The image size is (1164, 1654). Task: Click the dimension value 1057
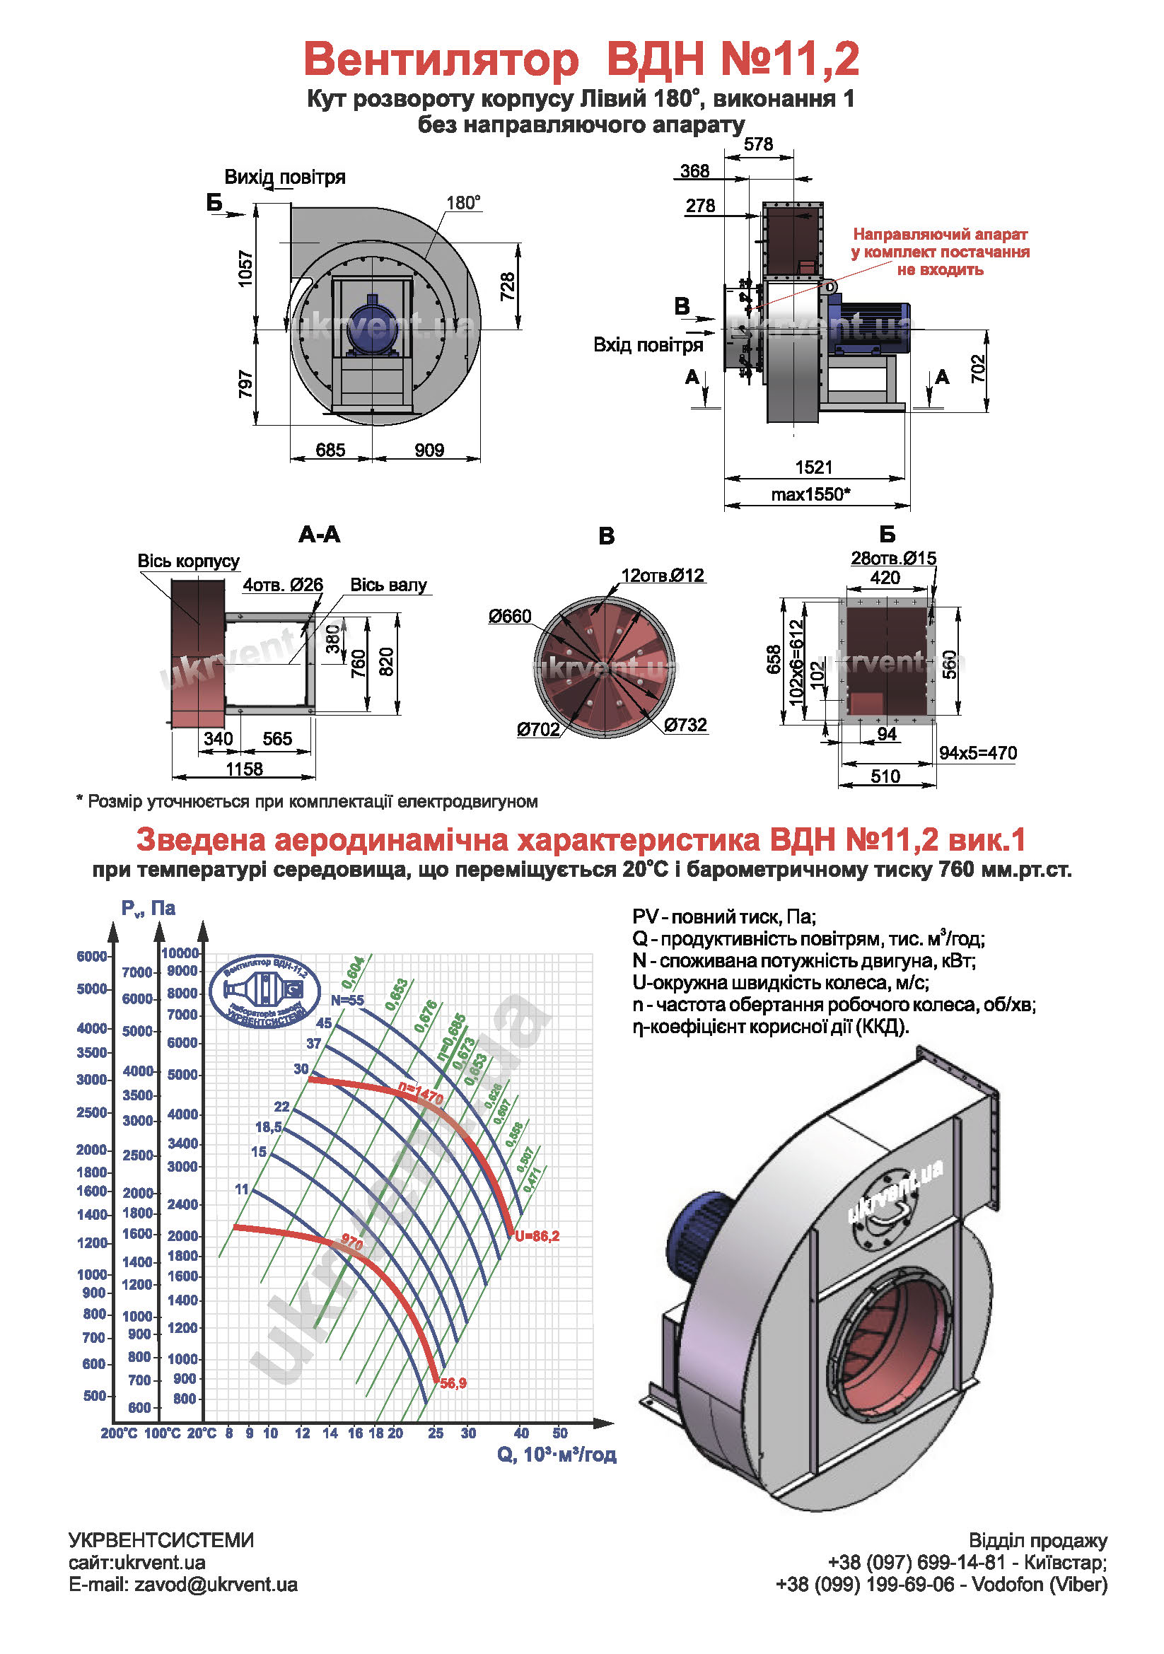[x=245, y=269]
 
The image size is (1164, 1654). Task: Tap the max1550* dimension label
[x=810, y=494]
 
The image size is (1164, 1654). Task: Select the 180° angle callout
[x=463, y=203]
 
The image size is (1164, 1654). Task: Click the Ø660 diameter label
[x=509, y=616]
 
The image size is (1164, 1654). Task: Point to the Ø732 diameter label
[x=685, y=725]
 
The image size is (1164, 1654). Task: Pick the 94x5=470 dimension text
[x=977, y=753]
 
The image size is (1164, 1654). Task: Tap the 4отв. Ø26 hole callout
[x=282, y=584]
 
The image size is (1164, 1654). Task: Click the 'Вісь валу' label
[x=388, y=584]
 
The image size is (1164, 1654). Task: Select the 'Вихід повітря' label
[x=284, y=177]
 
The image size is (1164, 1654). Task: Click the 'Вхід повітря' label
[x=648, y=344]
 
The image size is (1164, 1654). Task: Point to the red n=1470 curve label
[x=421, y=1093]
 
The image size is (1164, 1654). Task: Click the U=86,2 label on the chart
[x=537, y=1236]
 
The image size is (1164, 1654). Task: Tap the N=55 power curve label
[x=347, y=1000]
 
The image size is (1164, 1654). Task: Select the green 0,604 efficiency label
[x=353, y=972]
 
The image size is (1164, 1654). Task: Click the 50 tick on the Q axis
[x=559, y=1433]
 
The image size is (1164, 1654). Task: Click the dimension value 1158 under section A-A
[x=244, y=769]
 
